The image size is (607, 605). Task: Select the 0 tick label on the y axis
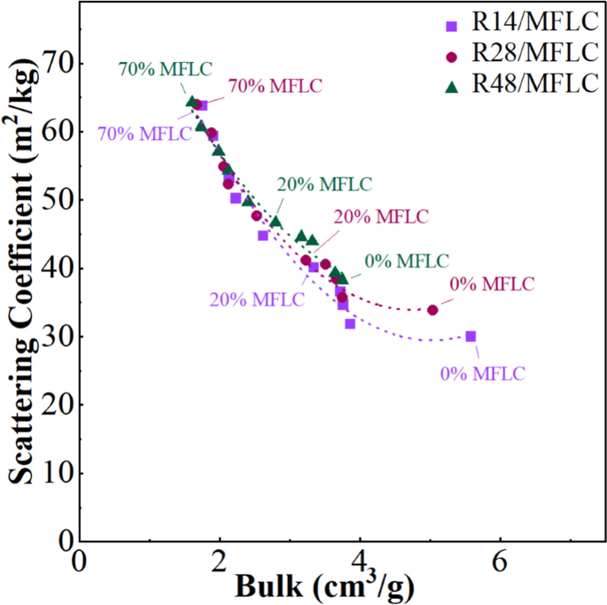tap(64, 539)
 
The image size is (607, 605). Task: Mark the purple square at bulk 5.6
tap(471, 336)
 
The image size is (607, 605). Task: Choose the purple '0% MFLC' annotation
tap(482, 372)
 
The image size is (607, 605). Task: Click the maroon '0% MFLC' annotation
tap(492, 284)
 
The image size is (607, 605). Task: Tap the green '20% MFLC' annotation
tap(324, 184)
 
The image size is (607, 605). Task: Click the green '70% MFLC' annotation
tap(165, 69)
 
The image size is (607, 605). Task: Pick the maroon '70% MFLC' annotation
tap(275, 86)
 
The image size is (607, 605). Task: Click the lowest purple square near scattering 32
tap(350, 323)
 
